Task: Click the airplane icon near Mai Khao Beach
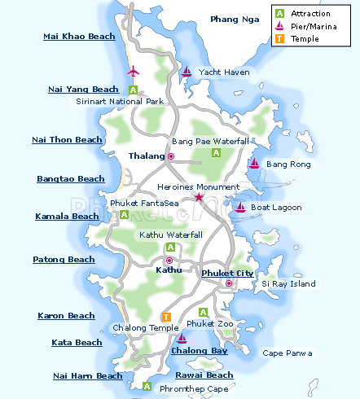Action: (x=134, y=71)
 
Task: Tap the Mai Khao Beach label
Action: (x=78, y=37)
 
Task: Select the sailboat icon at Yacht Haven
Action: (x=187, y=72)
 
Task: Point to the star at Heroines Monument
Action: (x=199, y=197)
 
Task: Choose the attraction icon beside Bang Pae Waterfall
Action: (x=216, y=152)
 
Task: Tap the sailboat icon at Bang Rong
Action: (x=254, y=164)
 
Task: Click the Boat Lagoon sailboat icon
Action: (x=239, y=207)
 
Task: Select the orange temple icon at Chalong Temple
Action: (x=167, y=317)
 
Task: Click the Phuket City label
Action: (x=227, y=273)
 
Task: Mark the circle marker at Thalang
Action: (x=171, y=156)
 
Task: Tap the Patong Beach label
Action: (x=64, y=260)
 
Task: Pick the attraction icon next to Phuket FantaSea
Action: (x=124, y=215)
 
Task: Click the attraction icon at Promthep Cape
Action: (x=147, y=385)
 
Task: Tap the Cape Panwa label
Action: (x=287, y=353)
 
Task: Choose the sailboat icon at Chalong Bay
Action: (x=182, y=338)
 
